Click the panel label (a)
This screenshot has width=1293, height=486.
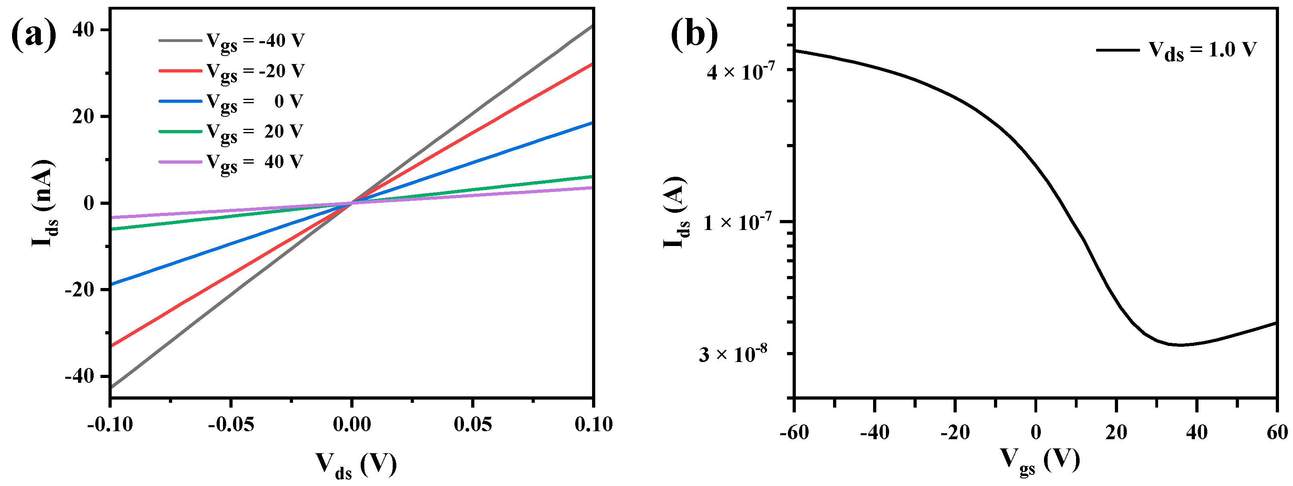33,34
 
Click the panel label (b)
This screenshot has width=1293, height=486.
694,34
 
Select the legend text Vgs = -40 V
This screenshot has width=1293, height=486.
255,42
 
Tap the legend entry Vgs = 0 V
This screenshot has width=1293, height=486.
255,102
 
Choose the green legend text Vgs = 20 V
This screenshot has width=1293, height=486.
255,132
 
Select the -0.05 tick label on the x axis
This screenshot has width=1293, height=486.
231,425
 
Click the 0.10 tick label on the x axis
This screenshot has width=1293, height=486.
593,425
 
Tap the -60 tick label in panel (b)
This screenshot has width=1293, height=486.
795,432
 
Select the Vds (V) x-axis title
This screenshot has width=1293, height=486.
356,464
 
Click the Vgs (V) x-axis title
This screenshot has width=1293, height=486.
1040,460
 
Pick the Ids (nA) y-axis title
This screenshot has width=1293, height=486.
44,203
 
